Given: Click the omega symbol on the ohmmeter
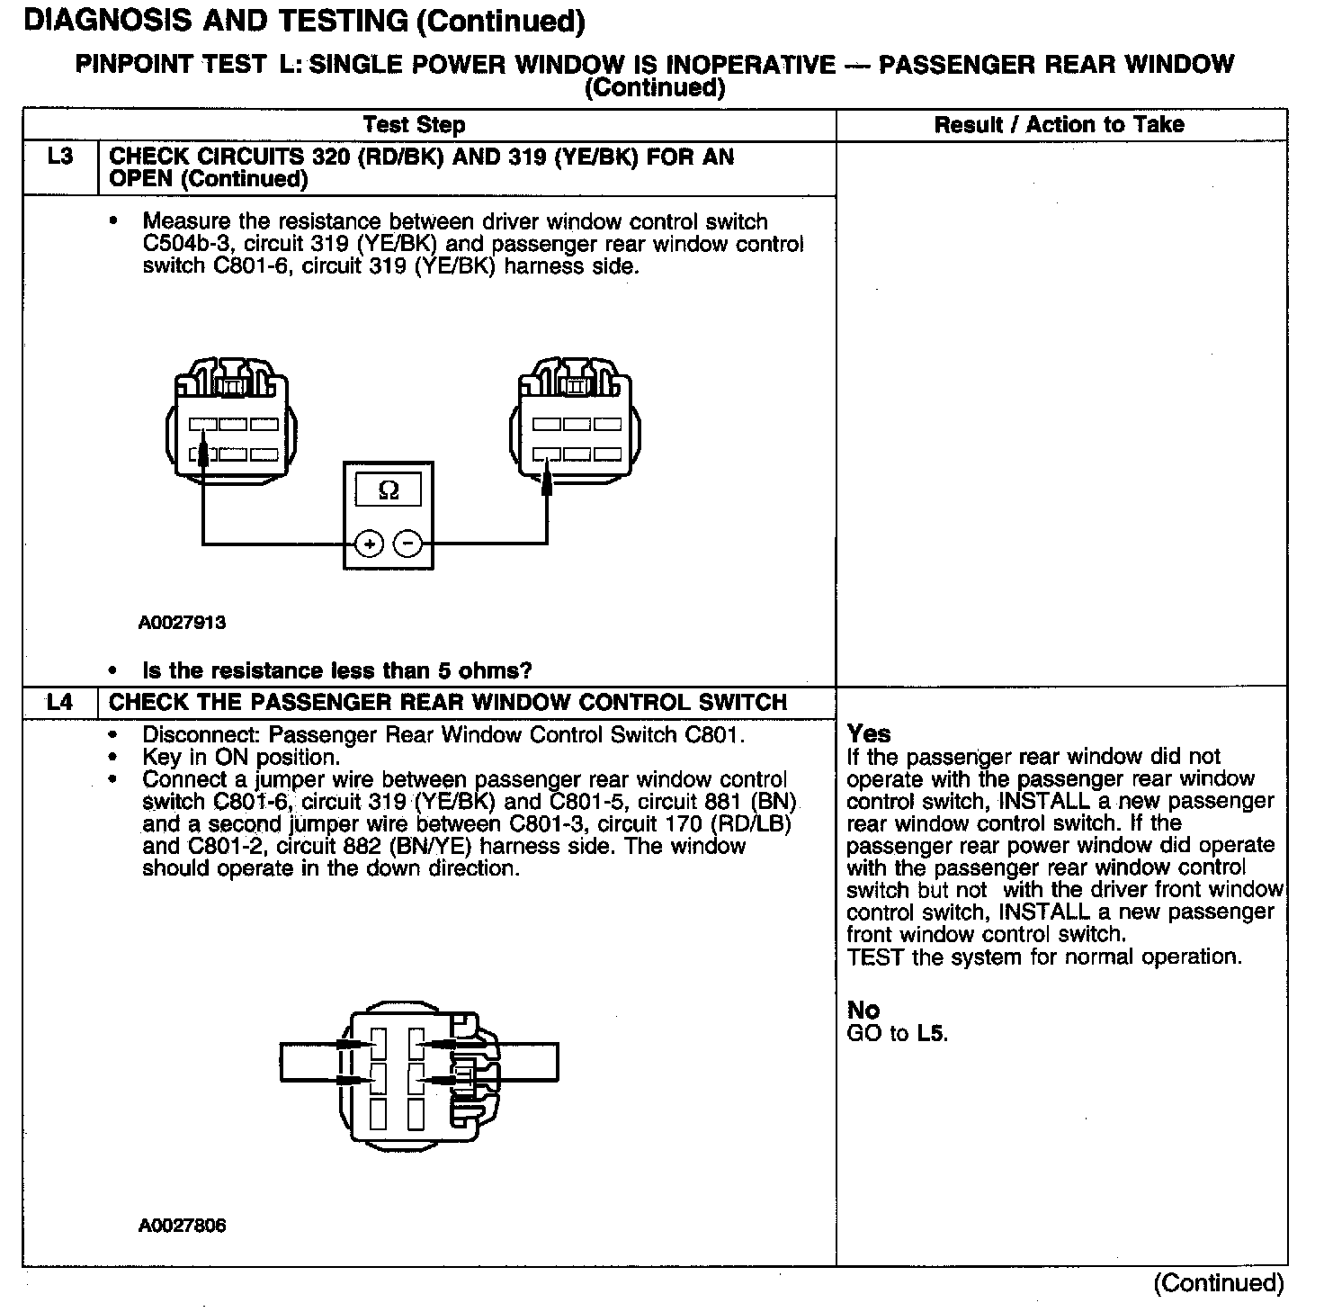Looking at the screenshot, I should (x=389, y=490).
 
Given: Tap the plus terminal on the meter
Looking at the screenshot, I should (x=370, y=544).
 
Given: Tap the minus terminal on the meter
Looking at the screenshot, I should (x=408, y=544).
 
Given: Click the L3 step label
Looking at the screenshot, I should (x=59, y=157).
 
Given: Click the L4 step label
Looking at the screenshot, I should (x=59, y=702).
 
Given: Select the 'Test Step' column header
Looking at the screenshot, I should (x=414, y=125).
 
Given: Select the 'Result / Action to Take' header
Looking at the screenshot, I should (x=1059, y=125).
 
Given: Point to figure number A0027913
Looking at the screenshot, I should (x=182, y=623).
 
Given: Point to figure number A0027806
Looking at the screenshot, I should (x=182, y=1226).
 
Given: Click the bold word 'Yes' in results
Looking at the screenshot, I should (x=869, y=734).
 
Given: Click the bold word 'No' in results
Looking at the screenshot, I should (x=863, y=1011).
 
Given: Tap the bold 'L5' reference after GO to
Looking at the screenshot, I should (x=932, y=1033).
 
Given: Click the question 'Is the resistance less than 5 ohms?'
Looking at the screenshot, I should (x=337, y=670).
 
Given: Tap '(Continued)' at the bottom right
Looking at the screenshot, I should (x=1219, y=1282).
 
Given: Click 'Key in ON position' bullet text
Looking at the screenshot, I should (x=241, y=757).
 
